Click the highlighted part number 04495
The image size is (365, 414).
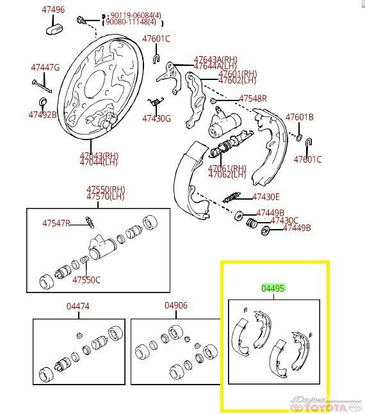pos(273,289)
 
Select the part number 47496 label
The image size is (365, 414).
pos(53,10)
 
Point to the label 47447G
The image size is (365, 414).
pos(45,67)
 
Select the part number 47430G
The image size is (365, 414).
pos(157,118)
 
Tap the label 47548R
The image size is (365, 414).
pos(253,99)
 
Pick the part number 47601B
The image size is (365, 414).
pos(299,117)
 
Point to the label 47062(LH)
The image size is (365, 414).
pos(227,175)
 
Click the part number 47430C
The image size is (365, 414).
pos(284,220)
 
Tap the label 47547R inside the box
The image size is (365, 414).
pos(56,223)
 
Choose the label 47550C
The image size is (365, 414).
pos(86,280)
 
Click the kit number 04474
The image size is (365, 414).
pos(77,307)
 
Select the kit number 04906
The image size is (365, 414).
pos(175,306)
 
